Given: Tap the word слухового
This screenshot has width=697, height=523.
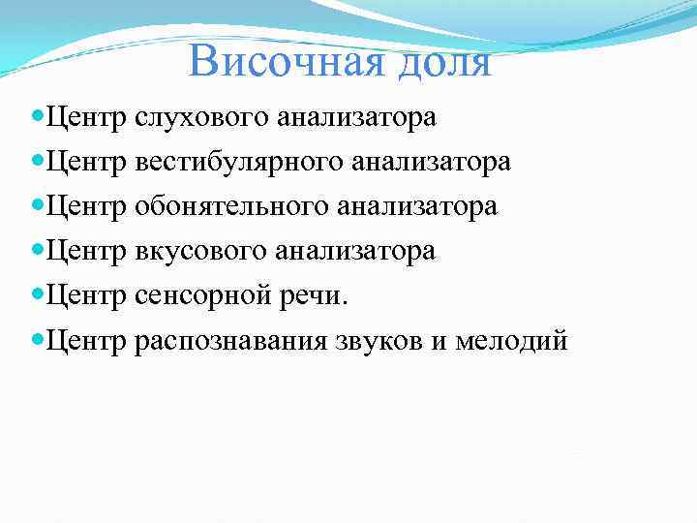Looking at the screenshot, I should point(202,118).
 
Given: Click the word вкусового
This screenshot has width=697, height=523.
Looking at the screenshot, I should point(202,252).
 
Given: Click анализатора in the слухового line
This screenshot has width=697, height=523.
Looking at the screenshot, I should point(356,118).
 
